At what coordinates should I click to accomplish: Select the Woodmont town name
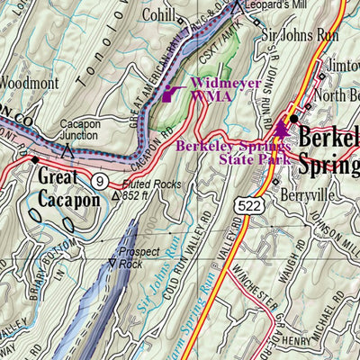[27, 82]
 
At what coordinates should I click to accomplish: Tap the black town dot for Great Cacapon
[35, 160]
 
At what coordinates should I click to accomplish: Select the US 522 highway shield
[242, 208]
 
